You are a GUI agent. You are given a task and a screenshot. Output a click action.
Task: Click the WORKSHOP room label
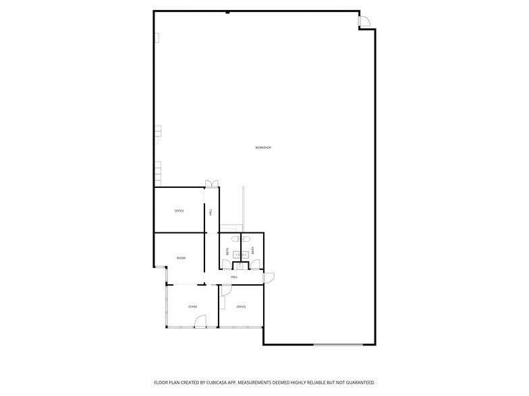(x=263, y=147)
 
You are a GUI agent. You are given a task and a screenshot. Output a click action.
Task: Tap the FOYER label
(x=193, y=307)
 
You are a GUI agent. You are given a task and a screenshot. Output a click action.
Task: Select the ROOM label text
(x=181, y=258)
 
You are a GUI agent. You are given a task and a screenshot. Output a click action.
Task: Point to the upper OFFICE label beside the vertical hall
(x=179, y=211)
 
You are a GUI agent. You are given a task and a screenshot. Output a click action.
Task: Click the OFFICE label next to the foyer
(x=241, y=307)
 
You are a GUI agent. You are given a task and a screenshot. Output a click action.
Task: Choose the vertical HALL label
(x=211, y=211)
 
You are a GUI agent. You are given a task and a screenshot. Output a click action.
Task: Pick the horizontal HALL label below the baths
(x=234, y=277)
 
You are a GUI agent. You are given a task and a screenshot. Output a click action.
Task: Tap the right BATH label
(x=253, y=251)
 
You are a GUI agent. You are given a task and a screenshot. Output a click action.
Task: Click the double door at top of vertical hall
(x=211, y=183)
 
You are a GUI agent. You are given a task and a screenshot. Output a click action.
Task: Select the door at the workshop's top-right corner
(x=364, y=22)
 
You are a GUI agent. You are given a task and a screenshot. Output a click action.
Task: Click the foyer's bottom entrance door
(x=200, y=323)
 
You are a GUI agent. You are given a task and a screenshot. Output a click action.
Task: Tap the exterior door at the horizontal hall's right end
(x=269, y=277)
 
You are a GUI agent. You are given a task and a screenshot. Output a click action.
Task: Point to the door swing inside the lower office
(x=226, y=290)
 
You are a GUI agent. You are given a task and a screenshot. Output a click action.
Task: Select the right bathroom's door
(x=255, y=265)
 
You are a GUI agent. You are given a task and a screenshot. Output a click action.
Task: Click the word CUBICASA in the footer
(x=220, y=383)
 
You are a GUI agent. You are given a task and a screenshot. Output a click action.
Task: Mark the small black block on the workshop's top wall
(x=228, y=11)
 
